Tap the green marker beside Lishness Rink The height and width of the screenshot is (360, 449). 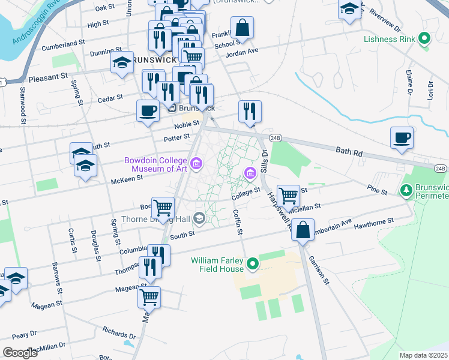click(x=425, y=40)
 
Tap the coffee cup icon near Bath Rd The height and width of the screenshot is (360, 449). click(x=402, y=138)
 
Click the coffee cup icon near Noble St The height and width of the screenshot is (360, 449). click(x=148, y=110)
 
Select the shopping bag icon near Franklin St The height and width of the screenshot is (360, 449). click(x=242, y=28)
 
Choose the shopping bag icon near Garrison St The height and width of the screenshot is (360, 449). click(x=304, y=230)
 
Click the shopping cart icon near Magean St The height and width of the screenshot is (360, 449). click(x=149, y=296)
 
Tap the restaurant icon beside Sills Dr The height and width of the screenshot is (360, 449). click(x=250, y=111)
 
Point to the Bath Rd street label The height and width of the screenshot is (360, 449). click(x=350, y=154)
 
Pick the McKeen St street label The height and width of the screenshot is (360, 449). click(x=127, y=178)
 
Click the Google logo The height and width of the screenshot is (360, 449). click(x=20, y=352)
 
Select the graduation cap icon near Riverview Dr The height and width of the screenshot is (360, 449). click(x=349, y=10)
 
